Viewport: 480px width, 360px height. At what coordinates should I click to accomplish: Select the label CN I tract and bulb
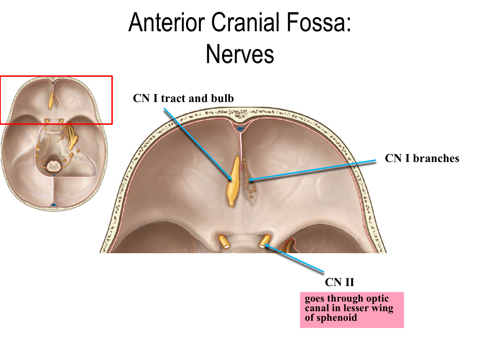(x=183, y=98)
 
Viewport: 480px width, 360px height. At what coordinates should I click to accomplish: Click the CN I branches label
(x=422, y=158)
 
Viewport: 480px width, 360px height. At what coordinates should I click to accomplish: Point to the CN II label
(x=339, y=282)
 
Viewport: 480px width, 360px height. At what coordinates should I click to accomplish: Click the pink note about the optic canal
(x=352, y=310)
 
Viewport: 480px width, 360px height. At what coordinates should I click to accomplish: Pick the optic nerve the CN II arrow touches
(x=264, y=242)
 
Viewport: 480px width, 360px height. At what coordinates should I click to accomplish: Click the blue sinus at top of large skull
(x=240, y=128)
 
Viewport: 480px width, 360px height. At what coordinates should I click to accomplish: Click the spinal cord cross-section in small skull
(x=53, y=164)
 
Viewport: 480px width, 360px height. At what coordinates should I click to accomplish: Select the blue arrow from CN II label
(x=294, y=260)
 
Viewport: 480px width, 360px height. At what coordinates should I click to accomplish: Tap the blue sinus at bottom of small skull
(x=53, y=205)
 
